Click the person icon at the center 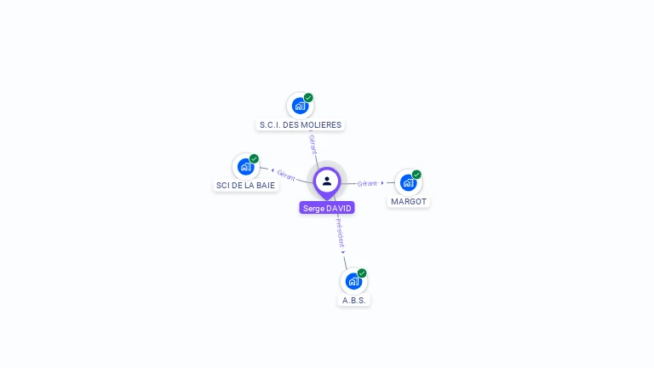tap(327, 181)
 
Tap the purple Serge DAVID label tap(327, 208)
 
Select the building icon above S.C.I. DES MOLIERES tap(299, 106)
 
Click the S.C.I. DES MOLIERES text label tap(300, 125)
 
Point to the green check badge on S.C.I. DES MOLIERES tap(308, 97)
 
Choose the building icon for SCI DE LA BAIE tap(245, 166)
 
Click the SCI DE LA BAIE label tap(246, 185)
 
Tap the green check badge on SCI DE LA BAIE tap(254, 158)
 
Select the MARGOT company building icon tap(408, 182)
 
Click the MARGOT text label tap(409, 202)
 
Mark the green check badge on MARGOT tap(416, 175)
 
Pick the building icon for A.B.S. tap(353, 281)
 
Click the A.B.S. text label tap(354, 301)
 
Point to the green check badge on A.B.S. tap(362, 273)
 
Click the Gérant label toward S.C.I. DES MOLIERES tap(313, 144)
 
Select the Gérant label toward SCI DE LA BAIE tap(286, 175)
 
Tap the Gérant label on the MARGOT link tap(367, 183)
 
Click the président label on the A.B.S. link tap(340, 232)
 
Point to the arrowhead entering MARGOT tap(382, 183)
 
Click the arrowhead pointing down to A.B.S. tap(343, 252)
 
